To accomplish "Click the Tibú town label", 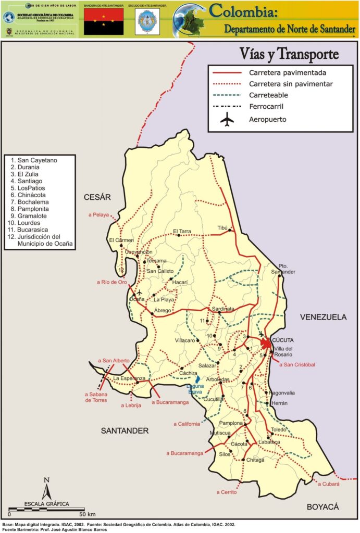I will pos(223,228).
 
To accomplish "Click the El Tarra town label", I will pos(182,231).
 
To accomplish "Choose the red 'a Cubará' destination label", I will pos(329,484).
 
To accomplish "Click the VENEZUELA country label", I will pos(323,316).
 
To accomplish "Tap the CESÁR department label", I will pos(98,197).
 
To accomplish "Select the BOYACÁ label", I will pos(322,506).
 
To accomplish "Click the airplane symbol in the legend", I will pos(228,119).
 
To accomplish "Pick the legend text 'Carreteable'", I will pos(268,95).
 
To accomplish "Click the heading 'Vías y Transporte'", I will pos(290,54).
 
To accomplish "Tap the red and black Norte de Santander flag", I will pos(104,21).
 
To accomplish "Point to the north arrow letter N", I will pos(46,480).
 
